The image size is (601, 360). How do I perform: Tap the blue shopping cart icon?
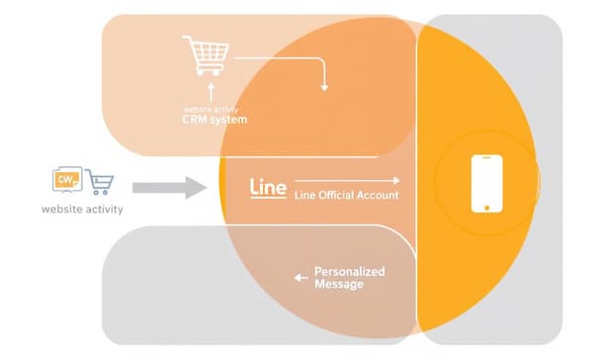point(99,182)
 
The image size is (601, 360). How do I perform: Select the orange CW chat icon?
point(66,180)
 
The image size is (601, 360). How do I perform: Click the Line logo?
point(268,186)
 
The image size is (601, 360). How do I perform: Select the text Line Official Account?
point(346,196)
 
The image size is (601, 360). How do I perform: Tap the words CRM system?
point(215,120)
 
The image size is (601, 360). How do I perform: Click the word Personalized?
point(349,272)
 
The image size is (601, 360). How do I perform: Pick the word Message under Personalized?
point(338,285)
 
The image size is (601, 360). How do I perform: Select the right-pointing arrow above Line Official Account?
point(348,181)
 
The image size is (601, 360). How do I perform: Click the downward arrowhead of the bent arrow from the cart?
point(324,88)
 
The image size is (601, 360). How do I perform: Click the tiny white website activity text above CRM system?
point(213,109)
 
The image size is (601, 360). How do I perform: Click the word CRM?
point(196,120)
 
